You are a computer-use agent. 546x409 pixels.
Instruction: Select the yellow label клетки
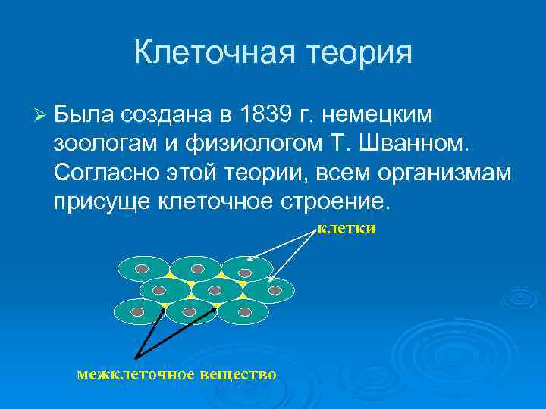(346, 228)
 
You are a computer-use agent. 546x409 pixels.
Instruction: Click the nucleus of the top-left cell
(142, 268)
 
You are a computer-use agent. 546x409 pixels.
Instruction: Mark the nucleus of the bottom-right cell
(244, 311)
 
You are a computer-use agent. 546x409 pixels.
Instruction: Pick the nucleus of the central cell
(215, 290)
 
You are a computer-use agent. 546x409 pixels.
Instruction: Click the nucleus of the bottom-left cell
(137, 311)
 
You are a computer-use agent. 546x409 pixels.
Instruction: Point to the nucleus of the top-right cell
(245, 272)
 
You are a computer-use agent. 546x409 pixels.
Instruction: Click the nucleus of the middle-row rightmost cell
(275, 290)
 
